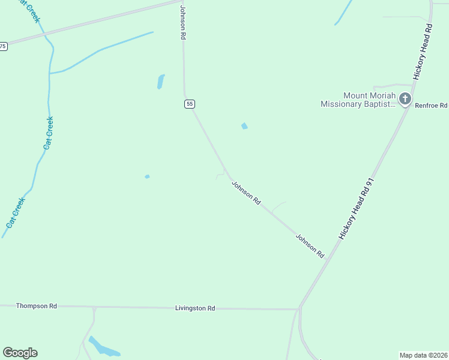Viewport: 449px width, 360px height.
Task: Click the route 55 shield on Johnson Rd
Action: pos(190,104)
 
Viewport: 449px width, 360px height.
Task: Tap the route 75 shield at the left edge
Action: pos(3,46)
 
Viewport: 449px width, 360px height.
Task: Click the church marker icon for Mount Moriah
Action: pos(405,99)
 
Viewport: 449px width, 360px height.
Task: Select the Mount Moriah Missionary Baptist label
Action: pos(358,100)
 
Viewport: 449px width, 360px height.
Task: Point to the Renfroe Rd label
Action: pos(431,106)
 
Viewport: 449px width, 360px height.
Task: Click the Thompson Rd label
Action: pos(36,306)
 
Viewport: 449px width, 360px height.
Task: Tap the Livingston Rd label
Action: pos(194,308)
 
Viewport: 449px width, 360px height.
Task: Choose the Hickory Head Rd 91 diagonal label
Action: pos(357,208)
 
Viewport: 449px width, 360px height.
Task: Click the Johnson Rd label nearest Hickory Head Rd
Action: pos(309,246)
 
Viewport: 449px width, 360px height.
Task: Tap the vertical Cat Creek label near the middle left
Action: pos(49,133)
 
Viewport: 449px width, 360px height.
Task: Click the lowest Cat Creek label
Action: pos(16,212)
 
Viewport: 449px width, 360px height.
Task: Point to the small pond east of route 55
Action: pos(244,126)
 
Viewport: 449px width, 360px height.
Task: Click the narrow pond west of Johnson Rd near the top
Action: pos(160,82)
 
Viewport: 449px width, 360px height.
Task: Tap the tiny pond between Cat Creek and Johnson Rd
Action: pos(147,176)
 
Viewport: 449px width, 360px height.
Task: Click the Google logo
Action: pos(20,353)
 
